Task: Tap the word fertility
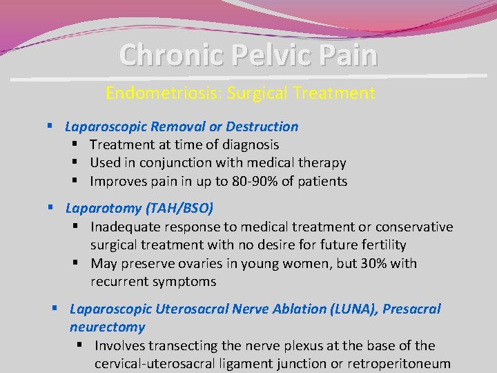click(x=382, y=245)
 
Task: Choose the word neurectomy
click(x=107, y=327)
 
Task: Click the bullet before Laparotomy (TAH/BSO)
click(x=50, y=208)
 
